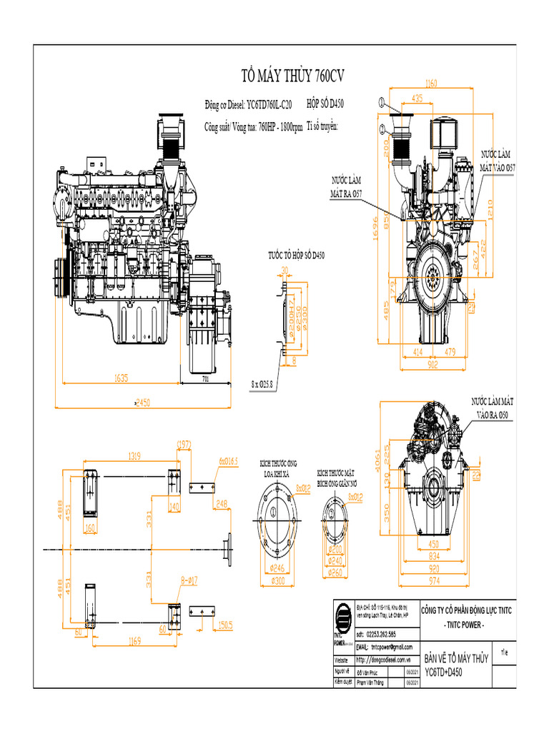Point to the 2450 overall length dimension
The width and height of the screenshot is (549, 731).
click(143, 403)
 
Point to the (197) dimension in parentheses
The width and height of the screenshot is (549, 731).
click(184, 445)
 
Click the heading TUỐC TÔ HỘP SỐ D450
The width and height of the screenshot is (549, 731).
click(296, 255)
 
